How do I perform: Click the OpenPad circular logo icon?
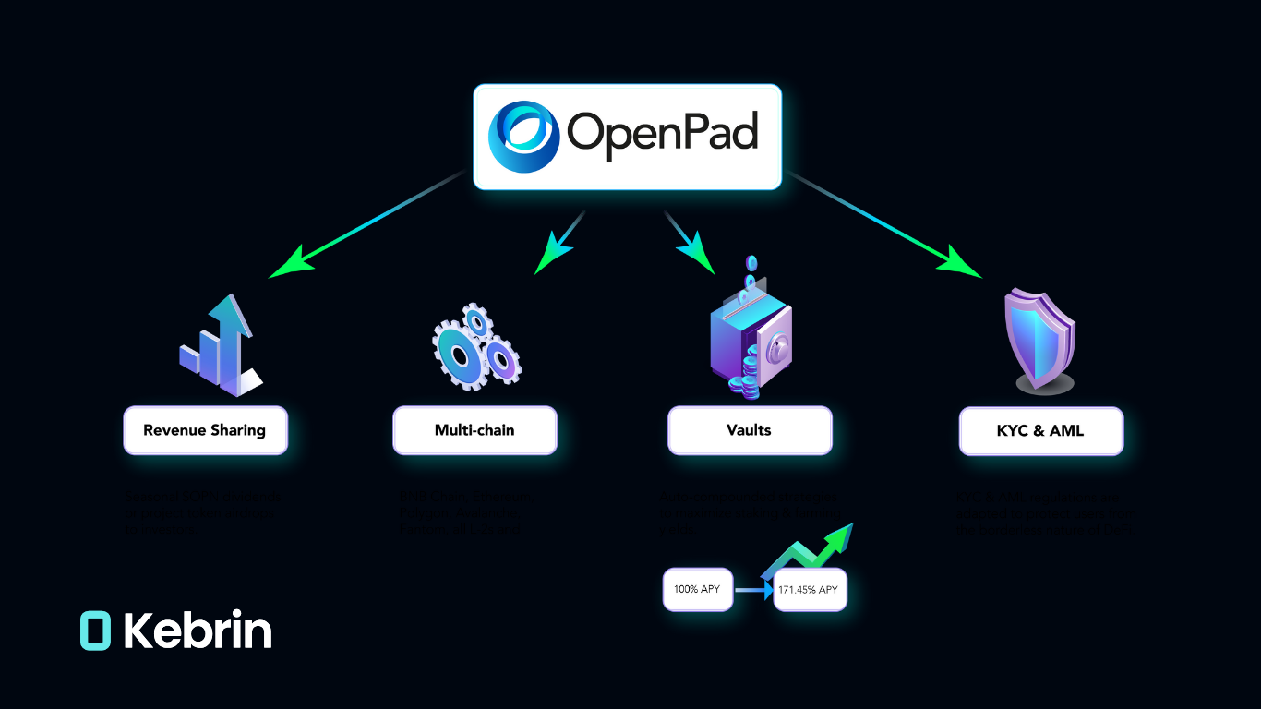pos(523,137)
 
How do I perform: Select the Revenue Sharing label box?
pos(205,430)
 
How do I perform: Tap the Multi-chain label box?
pos(474,430)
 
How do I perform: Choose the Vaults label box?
pos(750,430)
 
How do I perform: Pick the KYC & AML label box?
pos(1040,431)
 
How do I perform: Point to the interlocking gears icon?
pos(475,345)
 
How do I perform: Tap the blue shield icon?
pos(1039,339)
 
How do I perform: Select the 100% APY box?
pos(698,590)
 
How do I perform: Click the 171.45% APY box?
pos(810,590)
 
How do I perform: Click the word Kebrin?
pos(198,631)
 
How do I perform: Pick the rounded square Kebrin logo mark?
pos(95,631)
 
